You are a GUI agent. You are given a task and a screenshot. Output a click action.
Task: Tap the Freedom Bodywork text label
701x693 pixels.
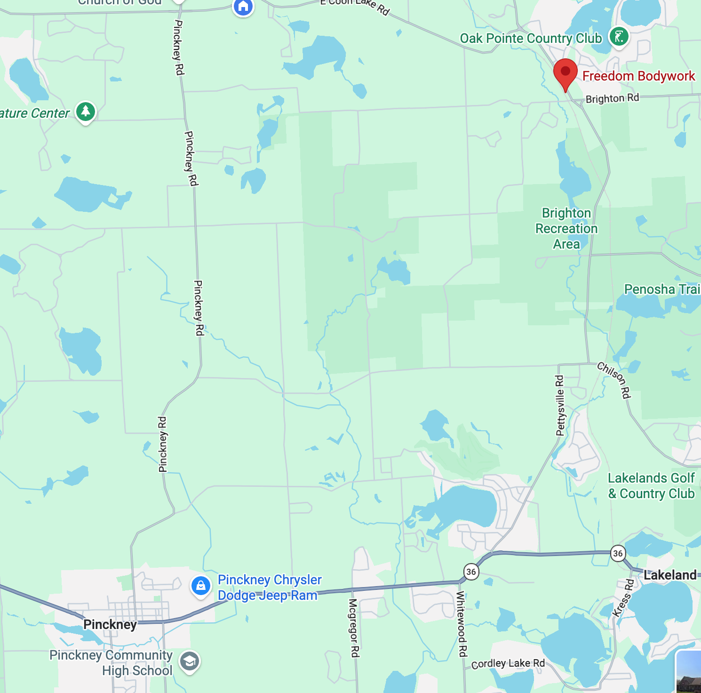638,76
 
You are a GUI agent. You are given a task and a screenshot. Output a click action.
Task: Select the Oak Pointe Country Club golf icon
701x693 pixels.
619,37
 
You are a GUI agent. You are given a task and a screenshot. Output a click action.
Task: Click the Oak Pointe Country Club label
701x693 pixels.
531,39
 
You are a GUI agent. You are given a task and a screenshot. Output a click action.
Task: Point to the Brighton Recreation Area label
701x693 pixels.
566,228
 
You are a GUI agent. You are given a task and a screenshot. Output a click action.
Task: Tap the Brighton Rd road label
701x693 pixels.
612,98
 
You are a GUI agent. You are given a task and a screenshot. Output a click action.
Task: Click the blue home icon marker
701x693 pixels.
243,7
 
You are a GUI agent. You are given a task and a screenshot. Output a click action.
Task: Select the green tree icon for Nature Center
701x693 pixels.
86,112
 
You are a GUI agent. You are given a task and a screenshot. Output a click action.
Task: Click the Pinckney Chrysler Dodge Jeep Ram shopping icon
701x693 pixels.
200,586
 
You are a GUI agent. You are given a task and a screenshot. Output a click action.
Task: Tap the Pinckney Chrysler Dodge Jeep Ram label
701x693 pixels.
270,588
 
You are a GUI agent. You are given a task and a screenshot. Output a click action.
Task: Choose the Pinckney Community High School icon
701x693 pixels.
190,662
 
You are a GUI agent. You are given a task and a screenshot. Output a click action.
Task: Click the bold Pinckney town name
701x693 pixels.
110,625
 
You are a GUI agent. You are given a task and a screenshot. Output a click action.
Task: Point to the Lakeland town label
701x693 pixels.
669,575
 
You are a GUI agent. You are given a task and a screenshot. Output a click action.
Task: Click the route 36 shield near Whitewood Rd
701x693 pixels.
471,572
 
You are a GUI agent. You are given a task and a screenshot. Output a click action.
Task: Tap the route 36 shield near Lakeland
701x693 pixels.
618,553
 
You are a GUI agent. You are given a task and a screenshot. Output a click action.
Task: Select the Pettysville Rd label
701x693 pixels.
560,405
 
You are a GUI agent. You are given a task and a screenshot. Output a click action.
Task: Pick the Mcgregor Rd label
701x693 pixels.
354,628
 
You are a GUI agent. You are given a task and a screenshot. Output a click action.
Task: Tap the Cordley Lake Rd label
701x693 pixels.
508,663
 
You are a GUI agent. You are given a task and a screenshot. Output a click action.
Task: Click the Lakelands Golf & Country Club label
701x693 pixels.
651,486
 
